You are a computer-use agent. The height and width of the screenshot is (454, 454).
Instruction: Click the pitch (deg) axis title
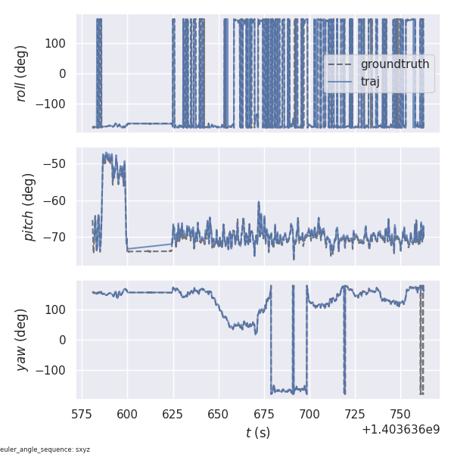tap(30, 207)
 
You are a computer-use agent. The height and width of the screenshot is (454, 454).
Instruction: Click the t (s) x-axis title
tap(257, 433)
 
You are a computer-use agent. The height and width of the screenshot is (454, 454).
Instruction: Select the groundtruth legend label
tap(394, 64)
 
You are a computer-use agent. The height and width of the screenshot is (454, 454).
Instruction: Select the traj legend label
tap(370, 82)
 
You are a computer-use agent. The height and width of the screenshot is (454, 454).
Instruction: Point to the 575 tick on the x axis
tap(82, 414)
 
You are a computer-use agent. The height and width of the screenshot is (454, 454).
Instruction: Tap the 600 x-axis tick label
tap(127, 414)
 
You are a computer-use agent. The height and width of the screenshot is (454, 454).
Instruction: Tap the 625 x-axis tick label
tap(173, 414)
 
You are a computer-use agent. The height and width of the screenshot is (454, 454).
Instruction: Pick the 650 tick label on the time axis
tap(219, 414)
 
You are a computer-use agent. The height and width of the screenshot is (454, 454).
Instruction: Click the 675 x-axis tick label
tap(264, 414)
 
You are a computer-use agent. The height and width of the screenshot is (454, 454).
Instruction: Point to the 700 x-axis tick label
tap(309, 414)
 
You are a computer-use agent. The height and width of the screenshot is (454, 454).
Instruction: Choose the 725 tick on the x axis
tap(355, 414)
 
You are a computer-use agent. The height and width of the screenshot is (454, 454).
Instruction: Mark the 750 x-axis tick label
tap(400, 414)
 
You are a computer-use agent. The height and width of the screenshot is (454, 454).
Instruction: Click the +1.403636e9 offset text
tap(400, 430)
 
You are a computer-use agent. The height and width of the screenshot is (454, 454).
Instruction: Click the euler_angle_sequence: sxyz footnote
tap(45, 449)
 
